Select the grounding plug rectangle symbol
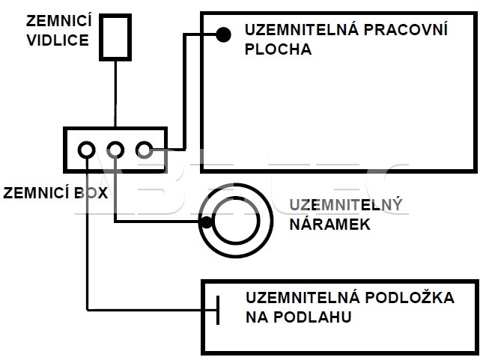point(115,35)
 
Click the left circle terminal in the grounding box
point(87,149)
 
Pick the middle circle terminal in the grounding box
point(115,149)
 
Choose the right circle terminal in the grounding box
point(144,149)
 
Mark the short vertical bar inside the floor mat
point(218,309)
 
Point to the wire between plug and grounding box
point(115,94)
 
